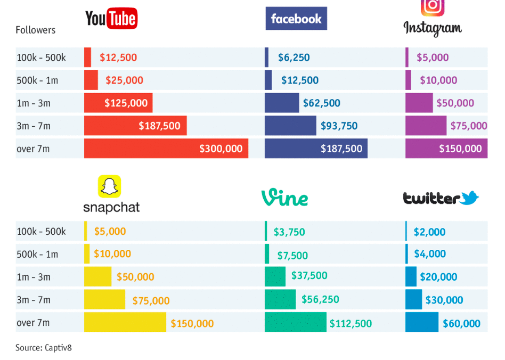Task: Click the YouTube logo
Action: pyautogui.click(x=111, y=19)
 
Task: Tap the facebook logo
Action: pyautogui.click(x=296, y=19)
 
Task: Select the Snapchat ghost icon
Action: pyautogui.click(x=109, y=186)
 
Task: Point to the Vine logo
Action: pyautogui.click(x=284, y=198)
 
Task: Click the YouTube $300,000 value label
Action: pyautogui.click(x=221, y=149)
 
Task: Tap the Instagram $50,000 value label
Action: pyautogui.click(x=455, y=103)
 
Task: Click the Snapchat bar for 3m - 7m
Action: pyautogui.click(x=104, y=300)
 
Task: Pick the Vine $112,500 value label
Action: pyautogui.click(x=351, y=323)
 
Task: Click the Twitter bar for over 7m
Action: pyautogui.click(x=421, y=323)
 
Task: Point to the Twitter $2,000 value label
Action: pyautogui.click(x=429, y=232)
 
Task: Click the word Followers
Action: pyautogui.click(x=36, y=30)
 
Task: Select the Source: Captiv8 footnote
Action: pyautogui.click(x=43, y=348)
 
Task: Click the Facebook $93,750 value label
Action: pyautogui.click(x=339, y=126)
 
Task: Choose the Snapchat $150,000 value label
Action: pyautogui.click(x=192, y=323)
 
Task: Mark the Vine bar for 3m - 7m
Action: pyautogui.click(x=280, y=300)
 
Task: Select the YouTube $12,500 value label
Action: pyautogui.click(x=118, y=58)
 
